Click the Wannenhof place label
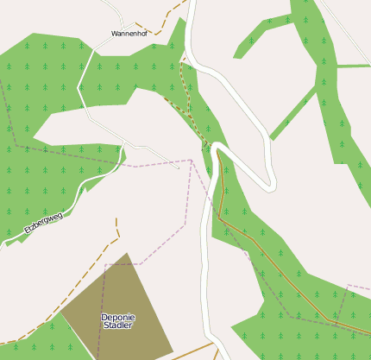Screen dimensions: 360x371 [129, 33]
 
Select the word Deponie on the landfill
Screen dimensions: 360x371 [117, 317]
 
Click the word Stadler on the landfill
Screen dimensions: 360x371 [117, 326]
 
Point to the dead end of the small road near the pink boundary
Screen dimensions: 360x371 [179, 167]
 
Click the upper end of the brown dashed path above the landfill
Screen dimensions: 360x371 [116, 220]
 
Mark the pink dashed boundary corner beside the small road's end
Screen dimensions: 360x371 [191, 160]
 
